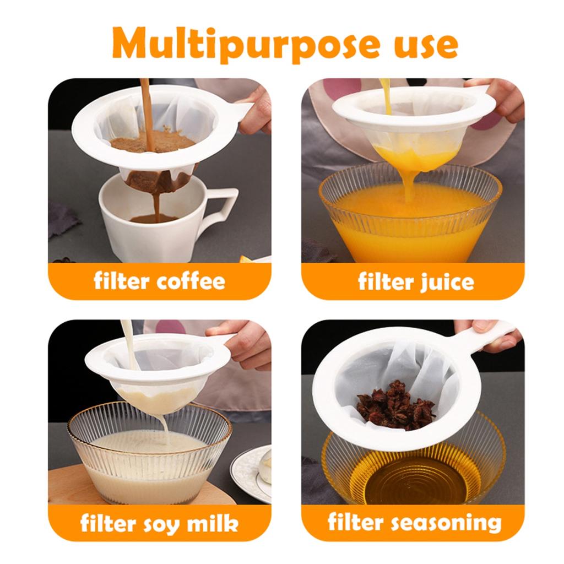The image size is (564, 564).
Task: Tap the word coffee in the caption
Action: coord(191,281)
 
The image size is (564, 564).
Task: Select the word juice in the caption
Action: coord(445,282)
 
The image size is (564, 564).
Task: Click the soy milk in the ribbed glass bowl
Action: coord(149,463)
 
